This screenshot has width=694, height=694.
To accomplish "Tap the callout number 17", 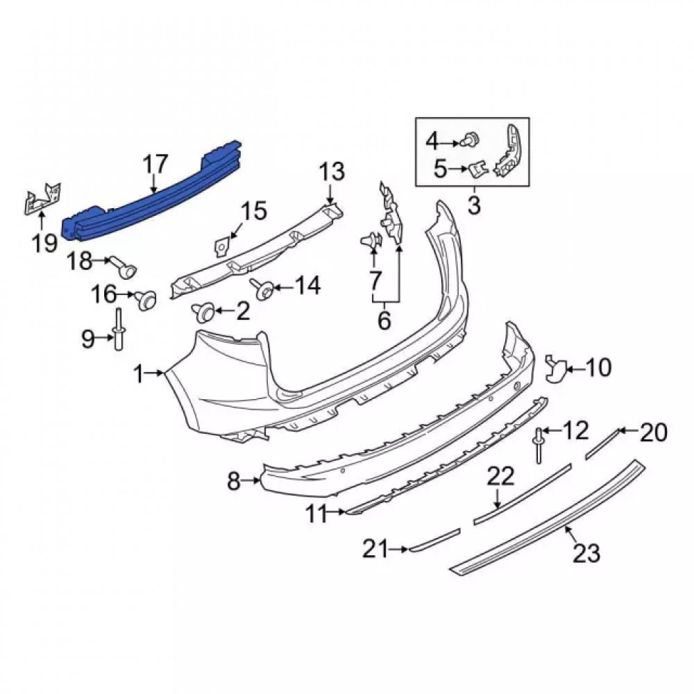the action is (x=155, y=164).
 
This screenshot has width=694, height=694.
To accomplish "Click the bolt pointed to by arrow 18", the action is (x=124, y=268).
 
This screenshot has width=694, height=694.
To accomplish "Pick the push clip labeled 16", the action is (x=145, y=300).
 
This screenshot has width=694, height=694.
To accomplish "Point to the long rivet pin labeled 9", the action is (x=119, y=329).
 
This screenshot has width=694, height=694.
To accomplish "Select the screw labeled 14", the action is (x=262, y=287).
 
